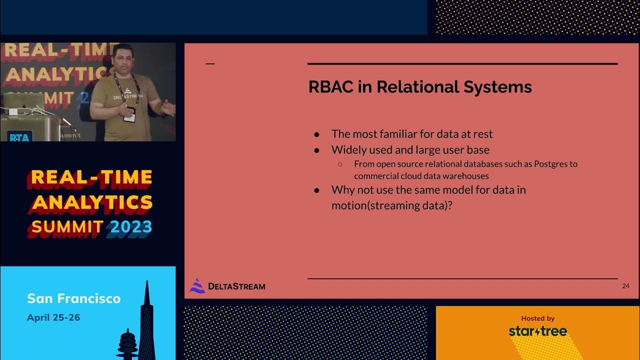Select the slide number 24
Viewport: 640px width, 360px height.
point(625,286)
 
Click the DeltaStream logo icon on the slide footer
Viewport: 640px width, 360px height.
point(197,285)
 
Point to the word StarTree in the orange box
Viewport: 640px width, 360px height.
point(537,331)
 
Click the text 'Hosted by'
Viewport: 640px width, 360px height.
point(537,318)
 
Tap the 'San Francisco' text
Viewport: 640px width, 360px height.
point(73,298)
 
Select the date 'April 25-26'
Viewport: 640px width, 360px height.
point(53,317)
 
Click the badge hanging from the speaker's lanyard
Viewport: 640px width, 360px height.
point(129,114)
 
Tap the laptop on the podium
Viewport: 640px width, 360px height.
point(23,102)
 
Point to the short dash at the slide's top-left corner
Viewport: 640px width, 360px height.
point(210,64)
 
